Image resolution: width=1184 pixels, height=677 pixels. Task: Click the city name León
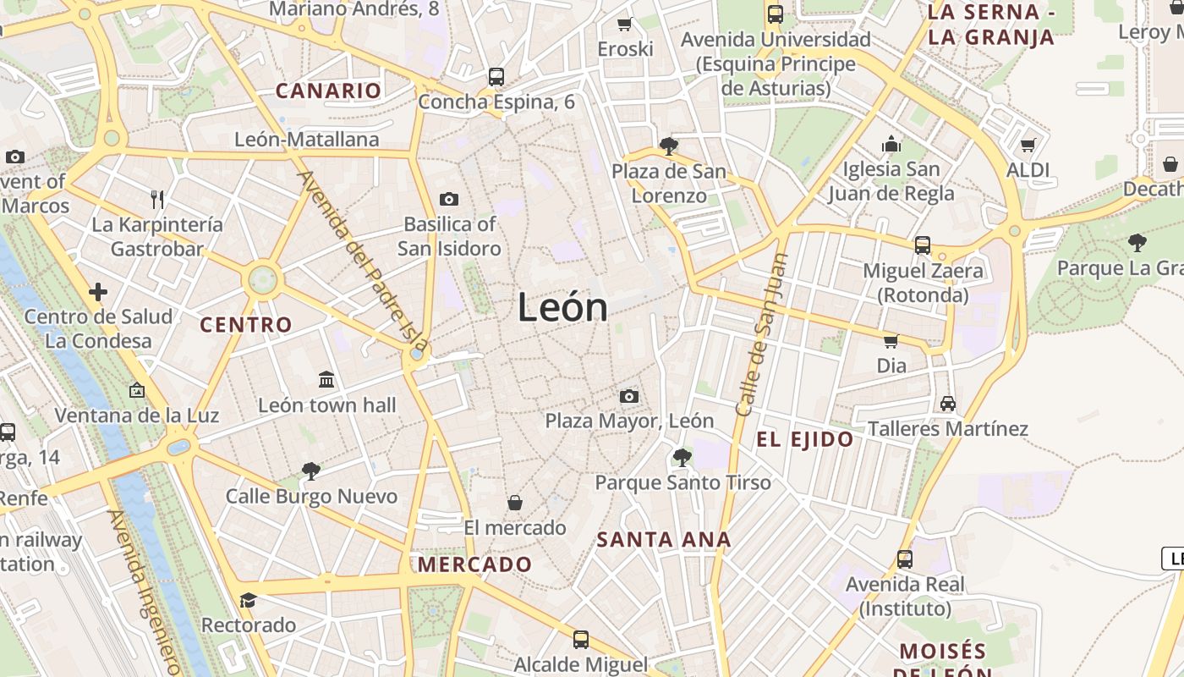[x=562, y=306]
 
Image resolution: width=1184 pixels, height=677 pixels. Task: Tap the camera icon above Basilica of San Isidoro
[x=449, y=200]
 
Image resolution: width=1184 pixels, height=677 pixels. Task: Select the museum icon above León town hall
[x=326, y=379]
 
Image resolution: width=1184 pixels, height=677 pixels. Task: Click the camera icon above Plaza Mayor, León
[x=628, y=396]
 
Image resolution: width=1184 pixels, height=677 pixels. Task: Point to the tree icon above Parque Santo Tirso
[x=682, y=458]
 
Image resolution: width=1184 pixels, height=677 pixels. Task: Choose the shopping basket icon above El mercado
[x=514, y=504]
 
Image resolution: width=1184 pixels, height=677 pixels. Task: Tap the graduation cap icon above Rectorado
[x=248, y=600]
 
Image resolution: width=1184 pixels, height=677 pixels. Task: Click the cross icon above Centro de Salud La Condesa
[x=98, y=292]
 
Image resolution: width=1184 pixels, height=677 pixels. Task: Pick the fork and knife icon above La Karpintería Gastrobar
[x=157, y=200]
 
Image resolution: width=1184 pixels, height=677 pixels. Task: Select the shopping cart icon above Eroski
[x=625, y=24]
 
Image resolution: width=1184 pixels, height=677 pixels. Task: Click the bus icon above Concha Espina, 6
[x=496, y=76]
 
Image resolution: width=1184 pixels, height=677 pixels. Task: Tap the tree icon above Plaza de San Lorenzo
[x=669, y=146]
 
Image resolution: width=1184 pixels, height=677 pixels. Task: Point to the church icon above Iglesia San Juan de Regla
[x=891, y=144]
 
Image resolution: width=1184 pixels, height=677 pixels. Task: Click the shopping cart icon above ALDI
[x=1028, y=145]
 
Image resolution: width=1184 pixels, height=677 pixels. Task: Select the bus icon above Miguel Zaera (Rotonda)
[x=923, y=245]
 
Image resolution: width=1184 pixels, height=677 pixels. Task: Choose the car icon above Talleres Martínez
[x=948, y=403]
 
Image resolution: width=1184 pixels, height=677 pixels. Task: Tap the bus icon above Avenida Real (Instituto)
[x=905, y=559]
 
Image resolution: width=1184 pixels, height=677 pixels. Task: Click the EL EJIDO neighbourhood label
[x=805, y=439]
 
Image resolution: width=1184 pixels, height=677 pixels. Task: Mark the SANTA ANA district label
[x=664, y=539]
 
